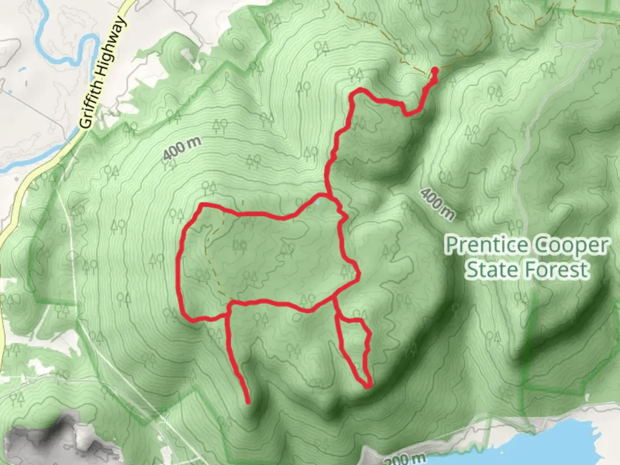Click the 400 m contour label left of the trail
pyautogui.click(x=182, y=150)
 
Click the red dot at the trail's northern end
pyautogui.click(x=435, y=71)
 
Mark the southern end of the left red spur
pyautogui.click(x=248, y=403)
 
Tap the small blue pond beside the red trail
pyautogui.click(x=317, y=200)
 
